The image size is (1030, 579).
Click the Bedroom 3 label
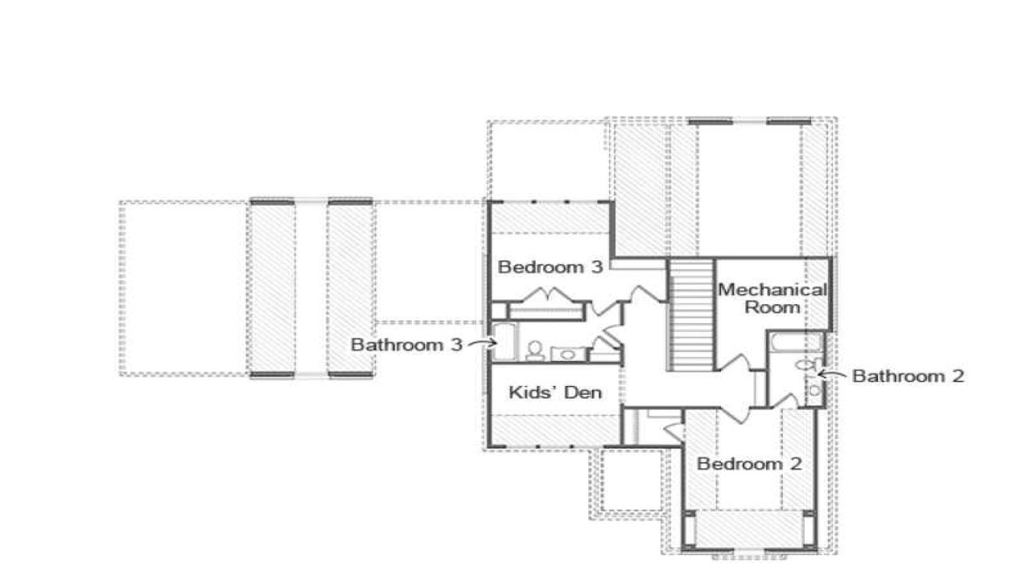pyautogui.click(x=550, y=267)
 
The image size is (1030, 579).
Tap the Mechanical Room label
pyautogui.click(x=772, y=298)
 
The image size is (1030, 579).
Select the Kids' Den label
pyautogui.click(x=555, y=392)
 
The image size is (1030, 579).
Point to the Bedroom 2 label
pyautogui.click(x=749, y=464)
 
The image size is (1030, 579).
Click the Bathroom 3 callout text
pyautogui.click(x=406, y=345)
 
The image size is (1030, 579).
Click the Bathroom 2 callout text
pyautogui.click(x=908, y=376)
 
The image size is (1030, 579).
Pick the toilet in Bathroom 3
pyautogui.click(x=534, y=350)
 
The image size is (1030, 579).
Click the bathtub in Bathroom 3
pyautogui.click(x=505, y=341)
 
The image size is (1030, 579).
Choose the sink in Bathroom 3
pyautogui.click(x=568, y=353)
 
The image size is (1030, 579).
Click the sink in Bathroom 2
pyautogui.click(x=814, y=390)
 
